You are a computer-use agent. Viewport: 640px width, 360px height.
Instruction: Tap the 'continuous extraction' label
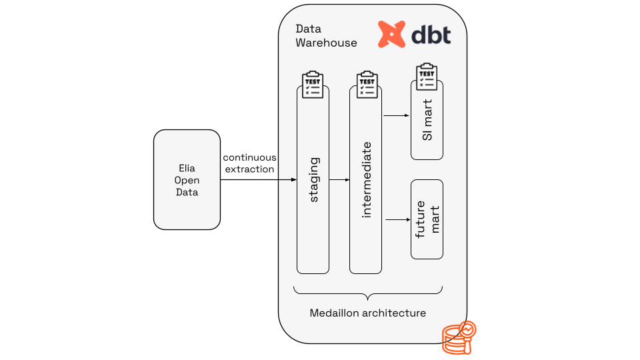(249, 163)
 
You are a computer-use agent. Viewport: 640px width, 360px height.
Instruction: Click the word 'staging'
(314, 179)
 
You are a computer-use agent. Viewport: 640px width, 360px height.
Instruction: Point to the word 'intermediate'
(366, 179)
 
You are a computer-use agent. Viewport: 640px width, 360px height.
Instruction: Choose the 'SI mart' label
(427, 120)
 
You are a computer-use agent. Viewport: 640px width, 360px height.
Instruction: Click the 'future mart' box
(427, 219)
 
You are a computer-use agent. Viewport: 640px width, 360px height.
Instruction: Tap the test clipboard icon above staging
(313, 85)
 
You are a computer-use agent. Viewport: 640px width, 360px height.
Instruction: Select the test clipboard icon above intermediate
(366, 85)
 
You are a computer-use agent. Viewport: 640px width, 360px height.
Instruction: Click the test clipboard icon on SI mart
(427, 77)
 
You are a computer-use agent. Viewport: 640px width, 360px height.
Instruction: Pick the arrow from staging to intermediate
(339, 179)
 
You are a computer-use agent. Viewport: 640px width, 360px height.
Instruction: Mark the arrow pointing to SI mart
(397, 115)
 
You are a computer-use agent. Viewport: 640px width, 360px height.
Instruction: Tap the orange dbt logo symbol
(391, 34)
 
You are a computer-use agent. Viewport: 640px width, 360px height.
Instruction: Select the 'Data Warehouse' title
(325, 36)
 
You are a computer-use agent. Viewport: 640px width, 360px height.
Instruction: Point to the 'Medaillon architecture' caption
(367, 313)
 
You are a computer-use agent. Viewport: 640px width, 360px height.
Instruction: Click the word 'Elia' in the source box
(187, 168)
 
